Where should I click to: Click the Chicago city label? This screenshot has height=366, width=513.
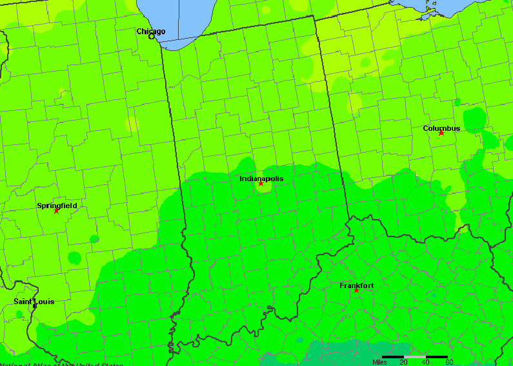[x=150, y=31]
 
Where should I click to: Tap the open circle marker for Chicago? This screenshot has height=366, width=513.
[x=152, y=37]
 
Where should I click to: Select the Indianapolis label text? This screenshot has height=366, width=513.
[x=261, y=178]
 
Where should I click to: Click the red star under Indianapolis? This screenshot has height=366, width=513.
[x=261, y=184]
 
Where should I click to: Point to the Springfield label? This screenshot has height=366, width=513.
[x=57, y=206]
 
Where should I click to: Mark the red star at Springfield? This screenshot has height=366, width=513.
[x=56, y=211]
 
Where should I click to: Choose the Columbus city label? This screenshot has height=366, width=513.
[x=441, y=128]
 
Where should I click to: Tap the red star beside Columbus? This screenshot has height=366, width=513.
[x=441, y=133]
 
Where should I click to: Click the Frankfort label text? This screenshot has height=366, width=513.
[x=356, y=285]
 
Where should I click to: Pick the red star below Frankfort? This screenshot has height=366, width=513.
[x=356, y=291]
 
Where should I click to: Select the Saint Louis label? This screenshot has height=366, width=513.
[x=34, y=302]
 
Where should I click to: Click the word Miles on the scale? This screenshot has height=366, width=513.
[x=381, y=362]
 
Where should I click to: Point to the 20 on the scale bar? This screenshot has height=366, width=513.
[x=403, y=362]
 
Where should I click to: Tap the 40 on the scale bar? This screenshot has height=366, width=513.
[x=425, y=362]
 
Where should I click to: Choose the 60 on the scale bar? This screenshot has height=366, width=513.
[x=448, y=362]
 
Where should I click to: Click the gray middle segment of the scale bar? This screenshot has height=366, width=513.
[x=415, y=356]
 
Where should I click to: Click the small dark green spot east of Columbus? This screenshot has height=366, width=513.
[x=476, y=119]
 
